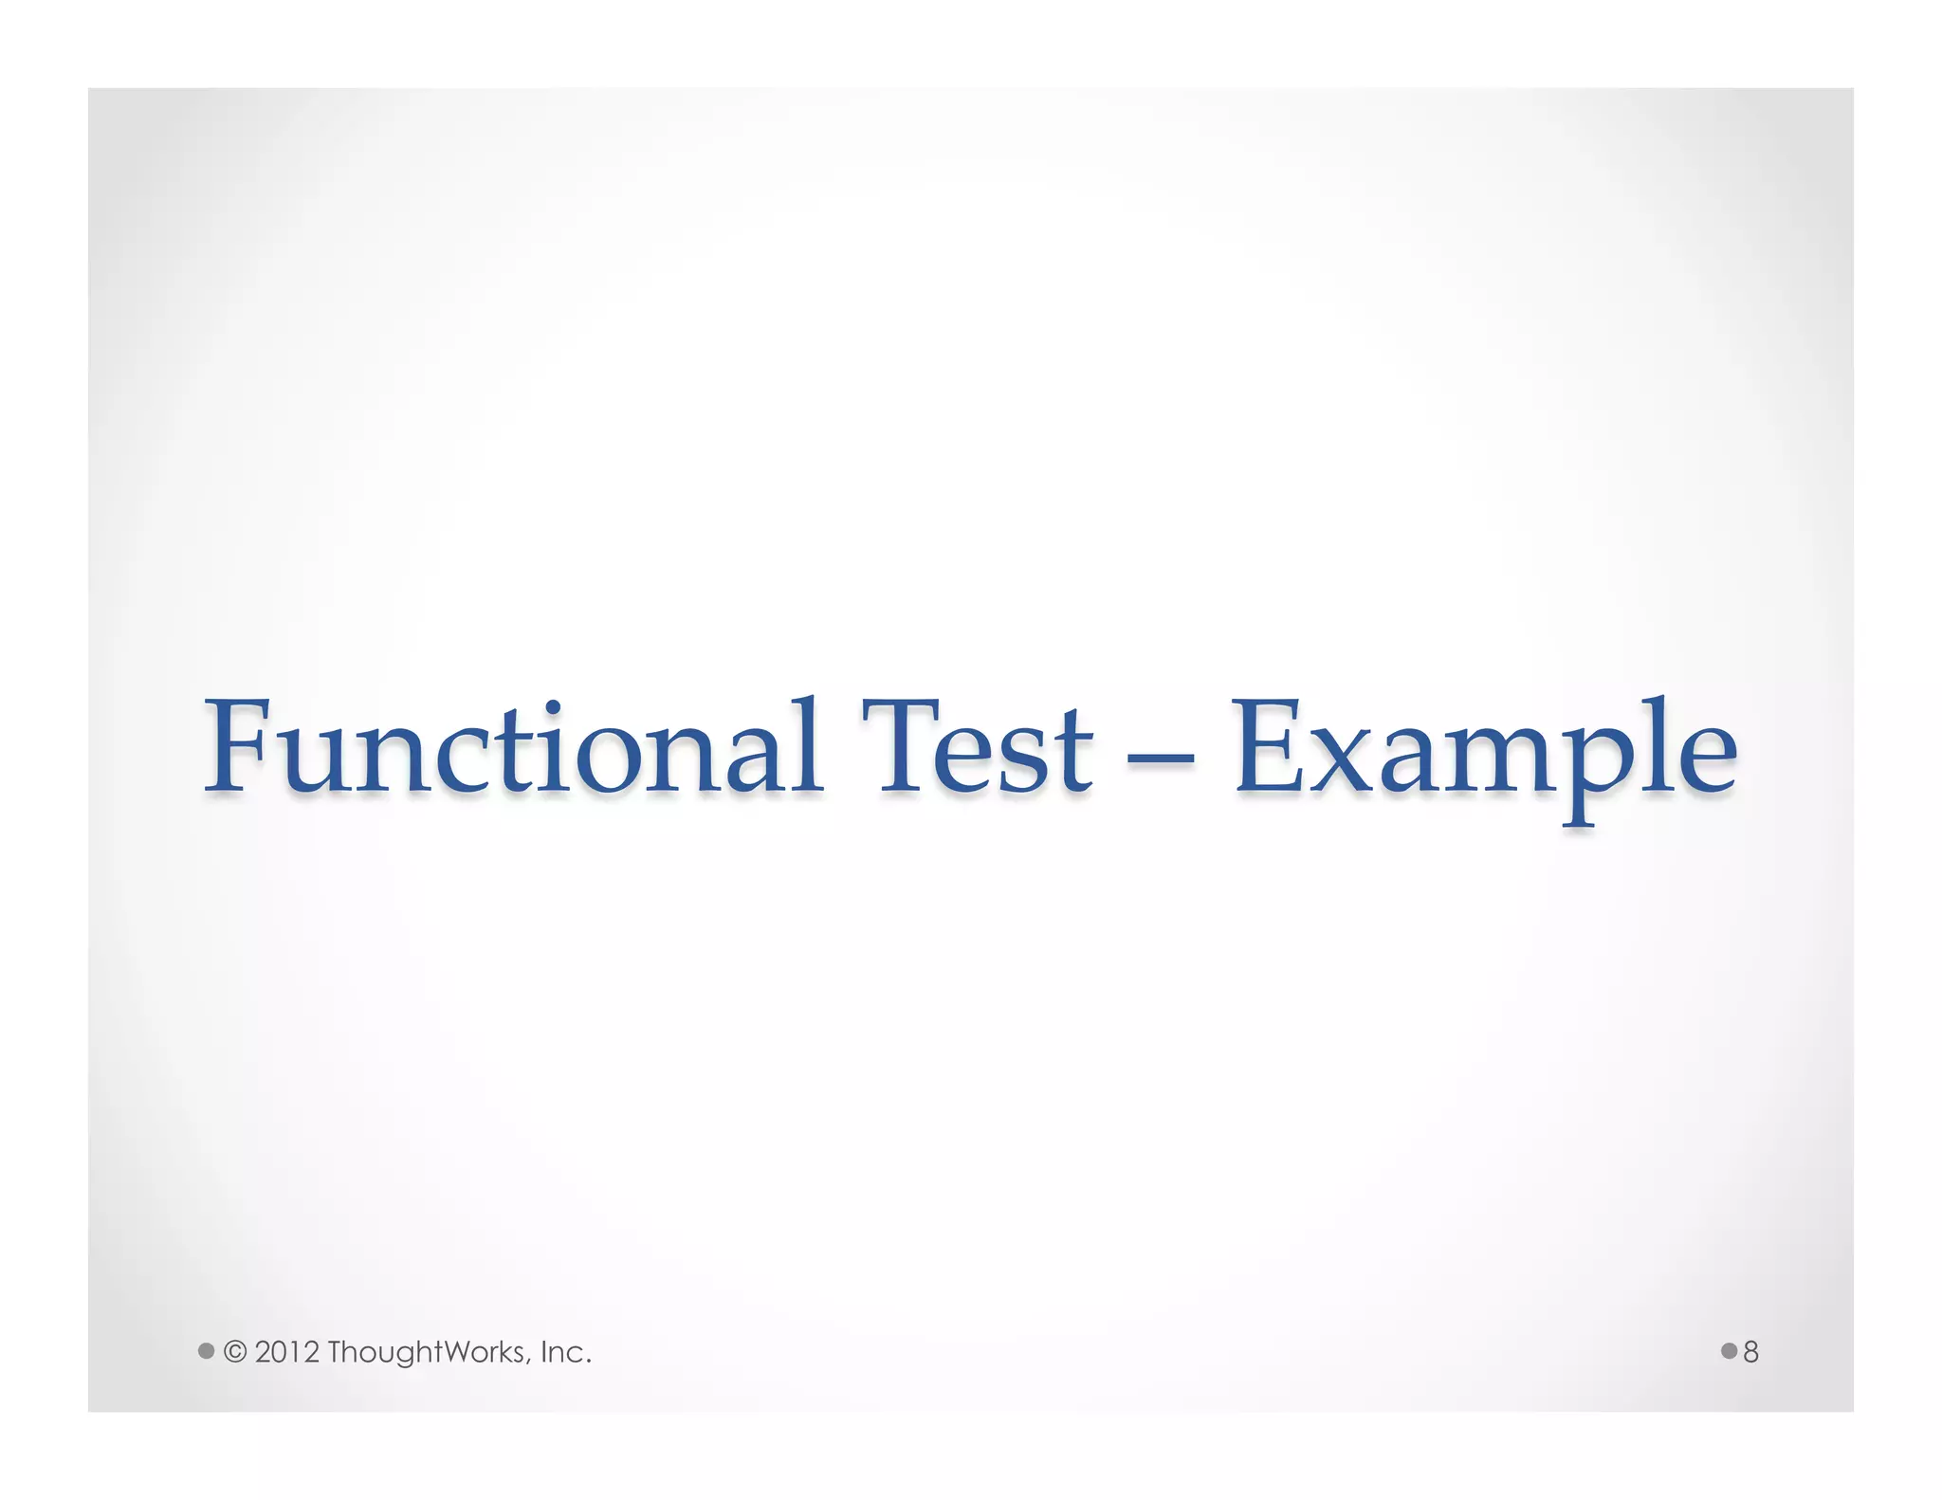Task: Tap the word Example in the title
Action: point(1484,749)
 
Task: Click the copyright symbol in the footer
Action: point(235,1351)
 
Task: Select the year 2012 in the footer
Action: point(286,1351)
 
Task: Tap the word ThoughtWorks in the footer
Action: point(427,1351)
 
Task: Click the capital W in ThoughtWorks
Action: point(439,1351)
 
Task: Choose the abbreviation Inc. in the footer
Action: point(565,1351)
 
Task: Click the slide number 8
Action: point(1750,1351)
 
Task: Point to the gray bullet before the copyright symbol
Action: point(206,1350)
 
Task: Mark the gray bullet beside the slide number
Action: point(1729,1350)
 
